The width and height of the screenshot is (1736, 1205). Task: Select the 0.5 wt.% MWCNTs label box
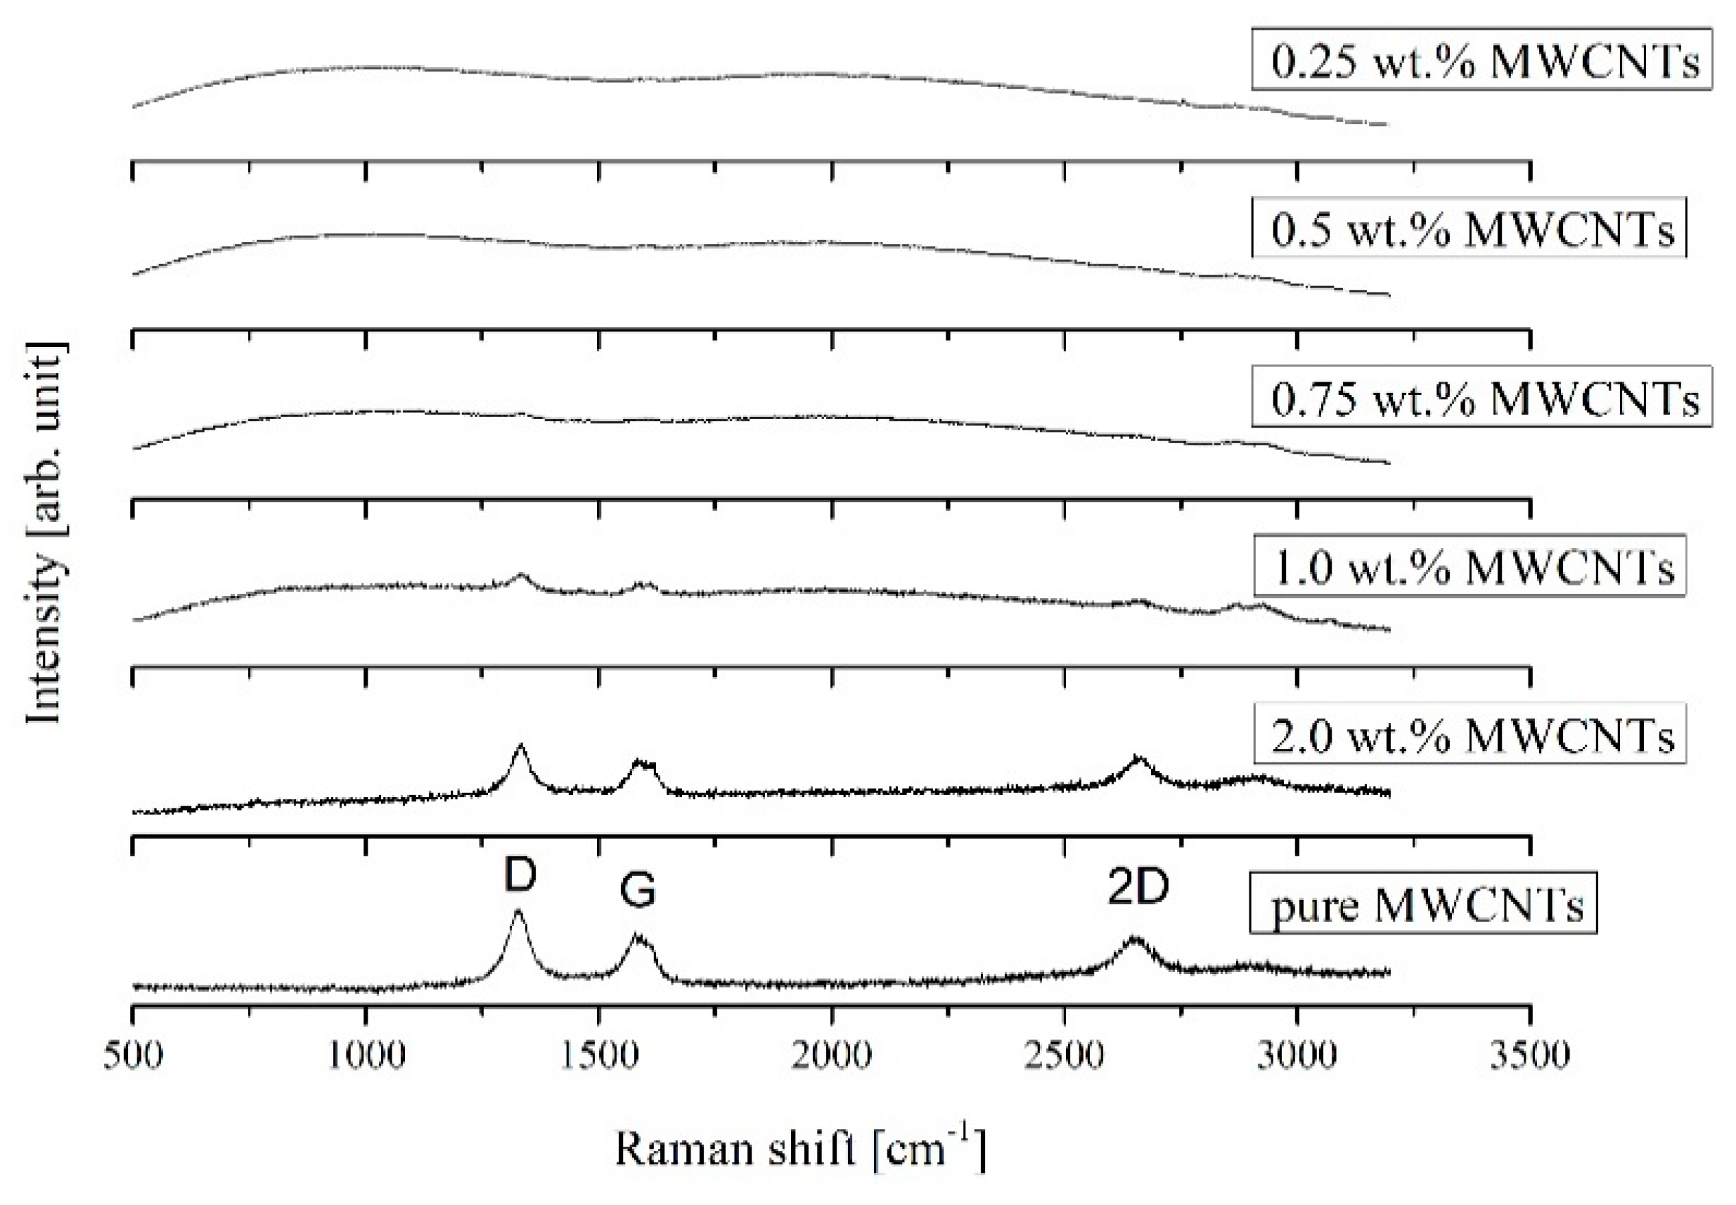[x=1468, y=227]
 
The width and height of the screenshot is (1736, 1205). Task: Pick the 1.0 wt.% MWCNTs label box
[x=1469, y=566]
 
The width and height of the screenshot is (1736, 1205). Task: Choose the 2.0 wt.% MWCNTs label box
[x=1469, y=734]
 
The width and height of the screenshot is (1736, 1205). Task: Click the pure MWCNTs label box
[x=1423, y=903]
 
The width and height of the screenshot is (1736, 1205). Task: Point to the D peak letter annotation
[x=519, y=875]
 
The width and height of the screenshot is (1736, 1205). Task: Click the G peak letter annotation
[x=637, y=891]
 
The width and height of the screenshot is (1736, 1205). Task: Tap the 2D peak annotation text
[x=1138, y=888]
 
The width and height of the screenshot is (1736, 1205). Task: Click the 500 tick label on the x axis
[x=133, y=1055]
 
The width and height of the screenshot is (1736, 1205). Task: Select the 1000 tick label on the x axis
[x=366, y=1055]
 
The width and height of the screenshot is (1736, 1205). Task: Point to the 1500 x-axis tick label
[x=598, y=1055]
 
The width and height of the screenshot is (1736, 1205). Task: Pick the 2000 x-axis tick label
[x=832, y=1055]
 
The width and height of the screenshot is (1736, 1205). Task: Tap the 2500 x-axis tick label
[x=1064, y=1055]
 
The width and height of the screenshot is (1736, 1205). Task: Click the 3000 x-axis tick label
[x=1297, y=1055]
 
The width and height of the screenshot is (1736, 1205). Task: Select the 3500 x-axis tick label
[x=1530, y=1055]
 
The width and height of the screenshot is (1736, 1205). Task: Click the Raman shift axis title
[x=800, y=1150]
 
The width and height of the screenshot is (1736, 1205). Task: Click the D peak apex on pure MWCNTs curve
[x=518, y=911]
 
